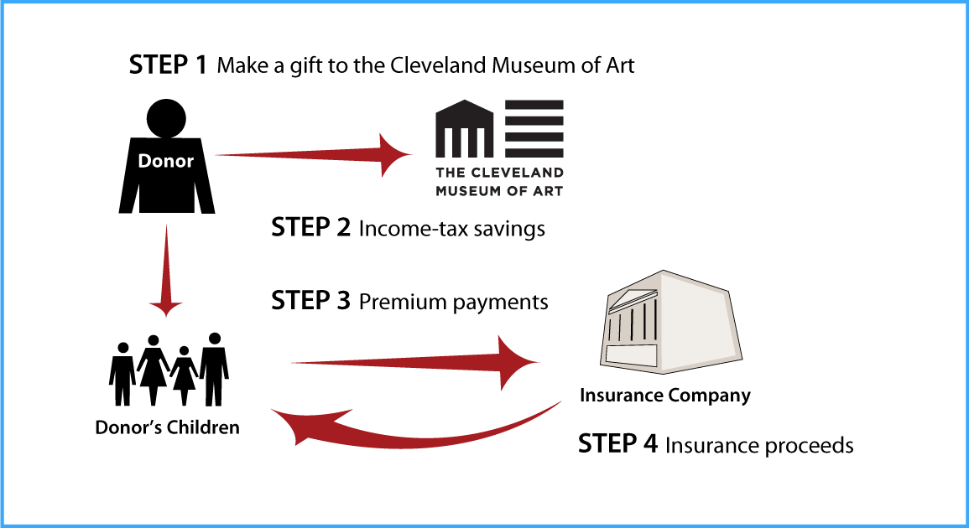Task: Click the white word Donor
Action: (165, 161)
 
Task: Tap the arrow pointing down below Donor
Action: (165, 268)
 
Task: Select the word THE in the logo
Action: (449, 173)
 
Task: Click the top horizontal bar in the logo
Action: (534, 104)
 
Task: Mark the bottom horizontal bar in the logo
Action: (534, 153)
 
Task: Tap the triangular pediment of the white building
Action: (633, 298)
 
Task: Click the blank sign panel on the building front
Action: (631, 355)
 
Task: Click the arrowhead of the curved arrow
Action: (298, 423)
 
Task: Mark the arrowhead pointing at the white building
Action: (516, 362)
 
